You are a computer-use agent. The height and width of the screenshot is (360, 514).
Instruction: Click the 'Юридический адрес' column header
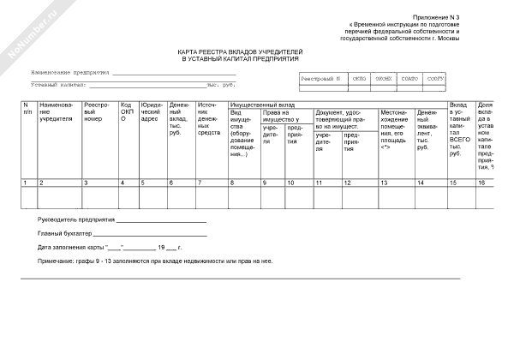(x=151, y=116)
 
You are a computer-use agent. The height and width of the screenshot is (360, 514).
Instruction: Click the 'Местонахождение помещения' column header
(x=392, y=128)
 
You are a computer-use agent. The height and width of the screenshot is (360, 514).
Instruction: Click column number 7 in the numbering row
(x=200, y=183)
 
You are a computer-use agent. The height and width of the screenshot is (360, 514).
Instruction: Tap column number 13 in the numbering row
(x=384, y=183)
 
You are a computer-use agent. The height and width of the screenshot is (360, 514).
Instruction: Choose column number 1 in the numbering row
(x=25, y=183)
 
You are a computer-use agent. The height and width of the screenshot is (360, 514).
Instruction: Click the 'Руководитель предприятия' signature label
(x=72, y=219)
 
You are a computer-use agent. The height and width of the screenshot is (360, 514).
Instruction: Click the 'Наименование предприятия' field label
(x=70, y=73)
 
